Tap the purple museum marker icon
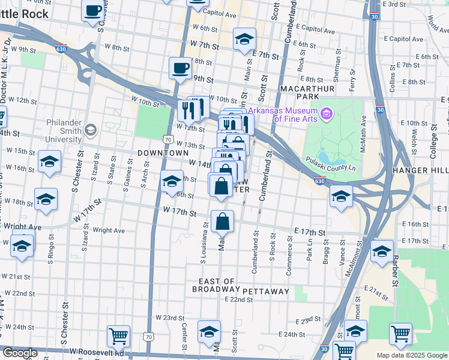pyautogui.click(x=327, y=112)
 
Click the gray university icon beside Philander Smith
pyautogui.click(x=91, y=130)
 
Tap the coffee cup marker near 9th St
pyautogui.click(x=180, y=68)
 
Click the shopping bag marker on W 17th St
pyautogui.click(x=222, y=221)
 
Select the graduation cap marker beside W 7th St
pyautogui.click(x=244, y=39)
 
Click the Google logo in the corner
pyautogui.click(x=20, y=353)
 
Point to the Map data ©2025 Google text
pyautogui.click(x=411, y=355)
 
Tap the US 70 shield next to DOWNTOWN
pyautogui.click(x=168, y=139)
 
